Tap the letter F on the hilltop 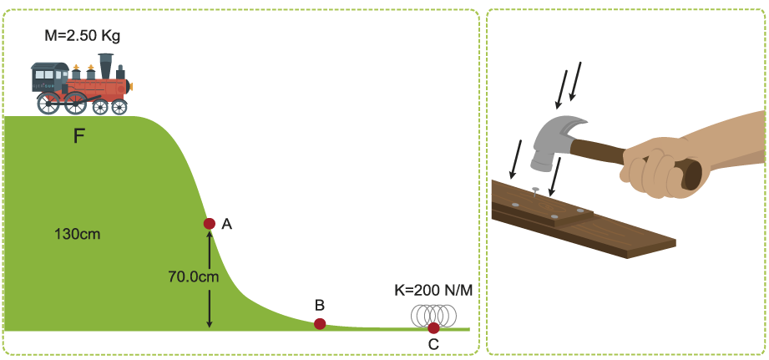79,135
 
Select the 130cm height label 77,234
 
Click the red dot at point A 210,224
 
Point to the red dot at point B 320,324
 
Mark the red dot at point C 433,328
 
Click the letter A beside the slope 226,224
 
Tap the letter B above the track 319,305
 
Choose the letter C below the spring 433,344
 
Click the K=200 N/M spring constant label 433,292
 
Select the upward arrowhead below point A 210,236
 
